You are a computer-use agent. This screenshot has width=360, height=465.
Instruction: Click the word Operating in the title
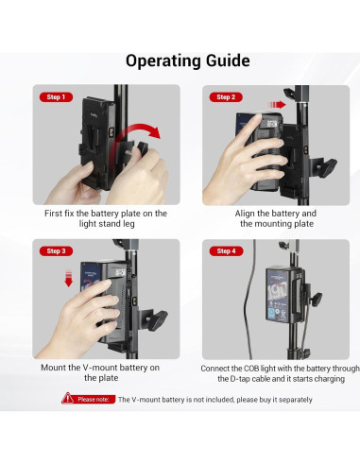(163, 61)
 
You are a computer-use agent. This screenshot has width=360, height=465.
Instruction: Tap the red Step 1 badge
(56, 97)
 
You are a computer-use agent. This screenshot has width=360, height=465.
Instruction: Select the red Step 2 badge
(226, 97)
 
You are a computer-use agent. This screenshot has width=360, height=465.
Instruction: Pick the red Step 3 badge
(56, 251)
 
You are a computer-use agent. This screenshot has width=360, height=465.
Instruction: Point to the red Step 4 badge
(226, 251)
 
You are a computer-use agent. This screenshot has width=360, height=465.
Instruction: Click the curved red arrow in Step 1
(139, 129)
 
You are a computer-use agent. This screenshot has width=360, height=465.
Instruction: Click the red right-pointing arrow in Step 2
(277, 105)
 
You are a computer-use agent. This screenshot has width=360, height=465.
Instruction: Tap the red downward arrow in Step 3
(68, 278)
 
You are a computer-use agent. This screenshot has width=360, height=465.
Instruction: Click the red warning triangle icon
(68, 399)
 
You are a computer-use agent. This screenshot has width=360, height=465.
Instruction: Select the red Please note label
(94, 400)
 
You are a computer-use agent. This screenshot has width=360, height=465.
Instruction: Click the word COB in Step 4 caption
(250, 369)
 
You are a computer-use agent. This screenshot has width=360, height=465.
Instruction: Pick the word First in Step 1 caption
(53, 214)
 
